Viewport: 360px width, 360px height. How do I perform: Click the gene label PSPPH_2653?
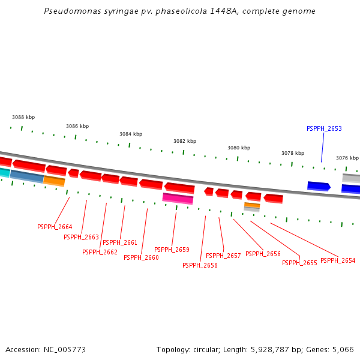pyautogui.click(x=324, y=129)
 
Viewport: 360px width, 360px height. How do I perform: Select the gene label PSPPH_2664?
pyautogui.click(x=55, y=227)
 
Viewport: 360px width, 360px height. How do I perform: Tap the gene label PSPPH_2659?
pyautogui.click(x=172, y=250)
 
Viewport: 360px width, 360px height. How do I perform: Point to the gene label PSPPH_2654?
pyautogui.click(x=338, y=261)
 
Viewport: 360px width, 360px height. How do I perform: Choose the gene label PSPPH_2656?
pyautogui.click(x=263, y=254)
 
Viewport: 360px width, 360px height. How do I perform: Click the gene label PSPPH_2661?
pyautogui.click(x=120, y=243)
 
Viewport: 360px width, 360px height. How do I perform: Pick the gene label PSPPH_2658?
pyautogui.click(x=200, y=265)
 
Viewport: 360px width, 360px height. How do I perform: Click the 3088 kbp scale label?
pyautogui.click(x=23, y=118)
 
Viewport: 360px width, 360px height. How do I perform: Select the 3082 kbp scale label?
pyautogui.click(x=185, y=142)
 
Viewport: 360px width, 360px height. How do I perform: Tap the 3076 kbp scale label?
pyautogui.click(x=347, y=158)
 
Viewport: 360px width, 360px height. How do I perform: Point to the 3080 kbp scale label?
pyautogui.click(x=238, y=148)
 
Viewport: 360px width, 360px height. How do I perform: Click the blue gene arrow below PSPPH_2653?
pyautogui.click(x=319, y=187)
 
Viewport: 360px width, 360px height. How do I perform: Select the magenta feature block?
pyautogui.click(x=178, y=199)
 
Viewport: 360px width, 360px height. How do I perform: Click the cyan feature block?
pyautogui.click(x=4, y=172)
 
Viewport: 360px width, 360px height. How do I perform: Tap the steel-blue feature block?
pyautogui.click(x=26, y=176)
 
